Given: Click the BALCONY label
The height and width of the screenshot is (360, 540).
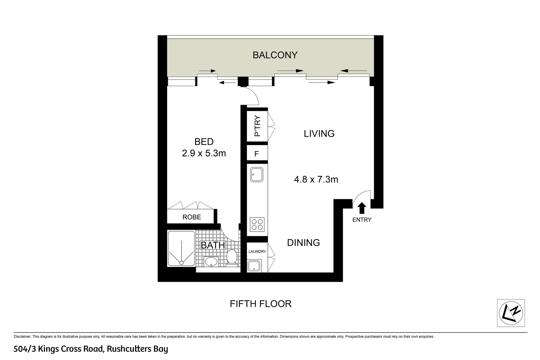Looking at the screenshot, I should [275, 55].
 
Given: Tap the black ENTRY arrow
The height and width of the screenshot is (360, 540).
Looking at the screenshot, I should [362, 208].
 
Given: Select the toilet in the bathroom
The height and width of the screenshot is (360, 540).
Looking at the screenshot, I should [232, 257].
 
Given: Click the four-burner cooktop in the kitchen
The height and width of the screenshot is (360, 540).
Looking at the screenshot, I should [257, 224].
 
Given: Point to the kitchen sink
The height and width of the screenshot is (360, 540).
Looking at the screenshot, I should [257, 174].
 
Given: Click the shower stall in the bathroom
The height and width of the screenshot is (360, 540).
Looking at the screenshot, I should [181, 248].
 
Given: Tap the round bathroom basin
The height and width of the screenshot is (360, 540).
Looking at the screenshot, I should [210, 262].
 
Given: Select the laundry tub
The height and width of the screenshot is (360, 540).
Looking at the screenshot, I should [255, 266].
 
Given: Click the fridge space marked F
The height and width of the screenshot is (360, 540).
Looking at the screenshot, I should [257, 154].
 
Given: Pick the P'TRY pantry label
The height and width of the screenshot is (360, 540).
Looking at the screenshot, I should [257, 126].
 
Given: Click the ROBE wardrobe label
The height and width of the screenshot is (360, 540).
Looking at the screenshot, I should [192, 217].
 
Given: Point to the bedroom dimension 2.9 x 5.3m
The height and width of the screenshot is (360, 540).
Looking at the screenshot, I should [204, 153].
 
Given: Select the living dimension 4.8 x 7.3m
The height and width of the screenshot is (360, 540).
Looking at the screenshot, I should [316, 180].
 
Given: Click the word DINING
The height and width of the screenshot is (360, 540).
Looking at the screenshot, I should [303, 243].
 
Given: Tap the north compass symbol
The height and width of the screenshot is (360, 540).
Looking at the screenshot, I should [511, 313].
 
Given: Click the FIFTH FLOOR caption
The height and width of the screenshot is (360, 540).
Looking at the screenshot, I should [261, 304].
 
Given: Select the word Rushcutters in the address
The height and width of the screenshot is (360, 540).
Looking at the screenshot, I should [129, 349].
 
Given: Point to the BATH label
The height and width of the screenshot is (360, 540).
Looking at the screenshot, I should [213, 245].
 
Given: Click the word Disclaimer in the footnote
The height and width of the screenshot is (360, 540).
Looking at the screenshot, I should [22, 337].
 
